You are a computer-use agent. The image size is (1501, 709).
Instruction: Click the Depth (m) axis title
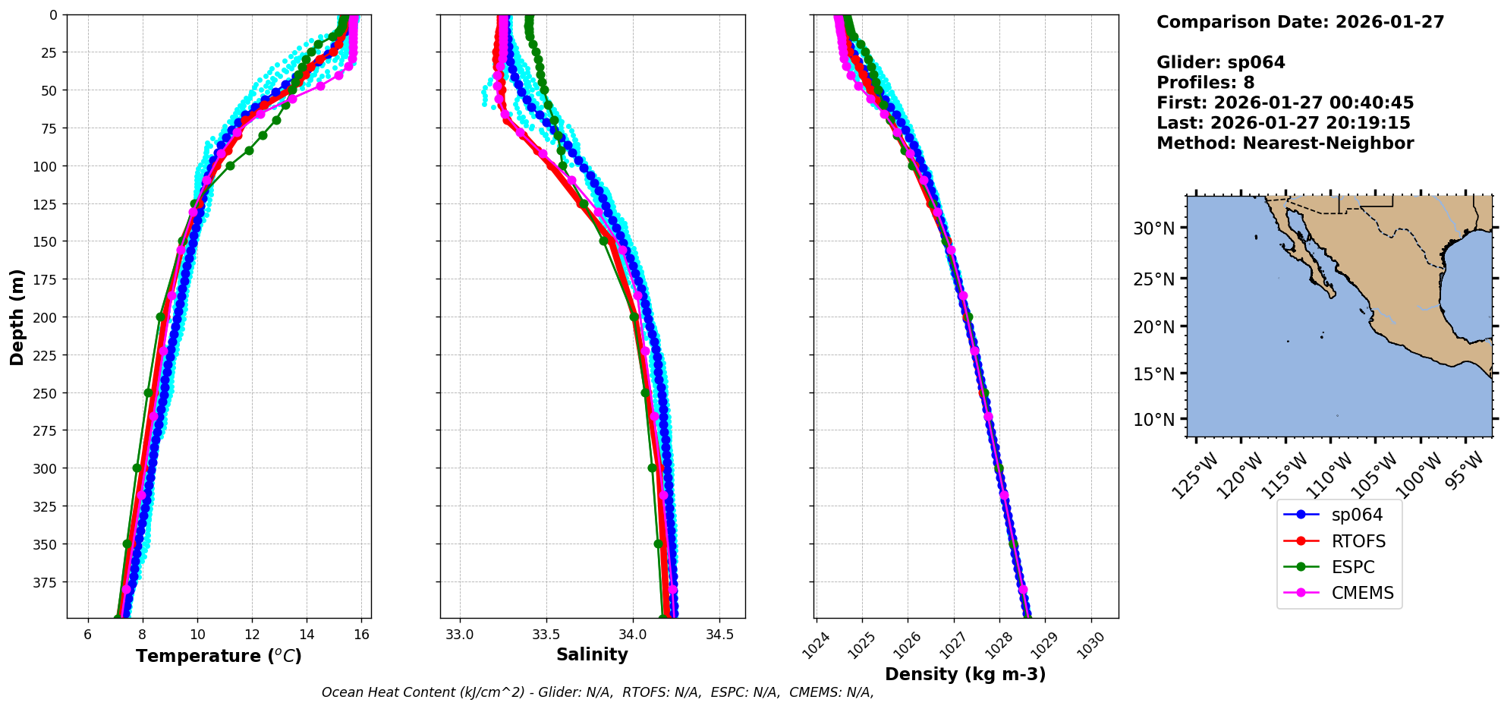(x=17, y=317)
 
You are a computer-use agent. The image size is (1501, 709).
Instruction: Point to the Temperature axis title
(x=219, y=656)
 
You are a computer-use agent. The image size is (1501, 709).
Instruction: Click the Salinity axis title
(x=592, y=654)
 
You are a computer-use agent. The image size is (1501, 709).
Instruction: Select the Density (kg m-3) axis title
(x=965, y=674)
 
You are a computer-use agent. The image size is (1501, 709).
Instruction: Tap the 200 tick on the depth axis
(x=47, y=317)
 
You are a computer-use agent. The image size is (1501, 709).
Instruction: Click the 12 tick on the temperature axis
(x=252, y=635)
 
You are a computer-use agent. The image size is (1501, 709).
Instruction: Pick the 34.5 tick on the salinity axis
(x=719, y=635)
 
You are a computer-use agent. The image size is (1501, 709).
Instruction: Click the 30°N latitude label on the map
(x=1153, y=228)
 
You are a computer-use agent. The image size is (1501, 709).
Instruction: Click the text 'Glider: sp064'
(x=1220, y=62)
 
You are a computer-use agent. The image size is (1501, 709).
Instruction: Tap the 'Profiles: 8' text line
(x=1205, y=83)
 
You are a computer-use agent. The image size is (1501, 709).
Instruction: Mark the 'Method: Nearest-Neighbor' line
(x=1285, y=143)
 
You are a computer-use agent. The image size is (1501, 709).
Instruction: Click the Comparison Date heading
(x=1300, y=22)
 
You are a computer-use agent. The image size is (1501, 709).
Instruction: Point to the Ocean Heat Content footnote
(x=597, y=692)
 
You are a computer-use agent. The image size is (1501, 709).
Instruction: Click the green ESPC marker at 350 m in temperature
(x=127, y=544)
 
